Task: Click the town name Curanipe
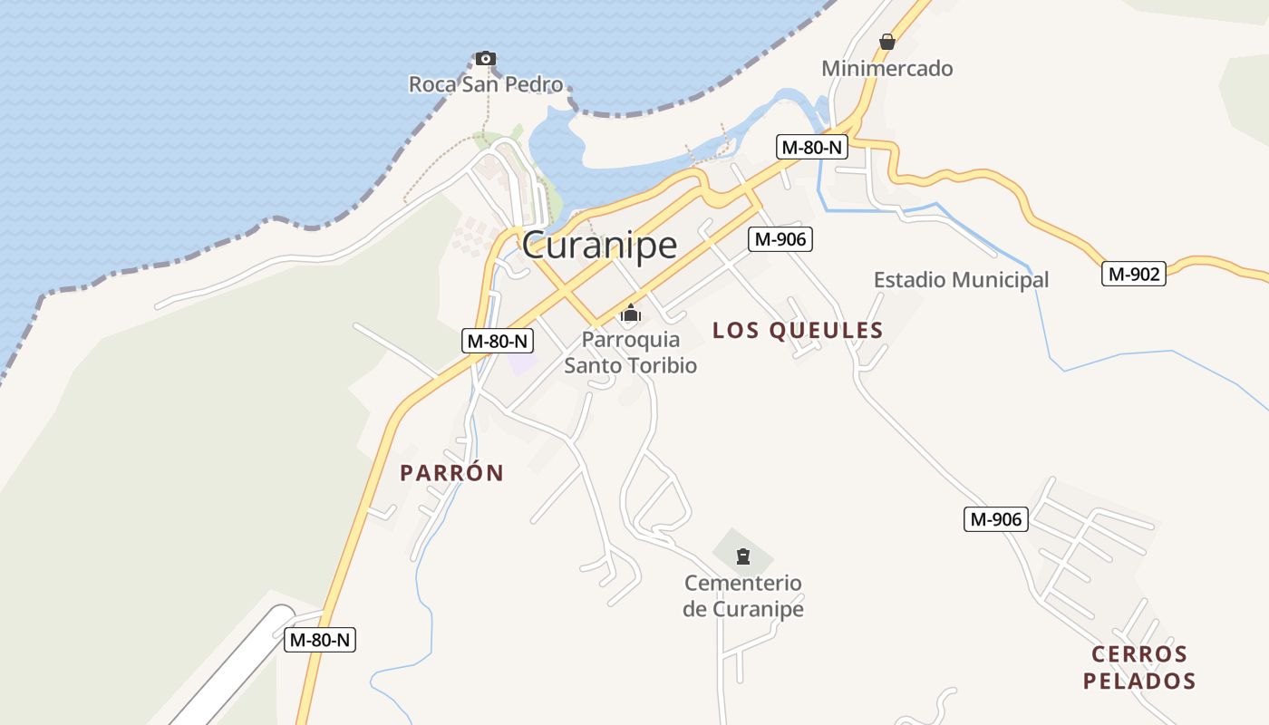pos(599,245)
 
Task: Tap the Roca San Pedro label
pos(485,84)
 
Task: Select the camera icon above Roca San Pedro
pos(486,58)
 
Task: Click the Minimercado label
pos(886,68)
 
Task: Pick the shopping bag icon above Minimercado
pos(886,42)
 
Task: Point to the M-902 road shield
pos(1133,274)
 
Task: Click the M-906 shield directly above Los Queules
pos(780,239)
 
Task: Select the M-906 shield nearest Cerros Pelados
pos(995,519)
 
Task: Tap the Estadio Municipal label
pos(961,280)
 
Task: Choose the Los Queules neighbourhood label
pos(798,331)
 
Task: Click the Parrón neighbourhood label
pos(451,473)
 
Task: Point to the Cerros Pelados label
pos(1139,667)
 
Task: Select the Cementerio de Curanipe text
pos(743,595)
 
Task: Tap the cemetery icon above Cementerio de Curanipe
pos(743,556)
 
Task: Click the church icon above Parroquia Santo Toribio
pos(630,314)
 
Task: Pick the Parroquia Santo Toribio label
pos(630,353)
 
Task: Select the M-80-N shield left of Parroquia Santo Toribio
pos(497,341)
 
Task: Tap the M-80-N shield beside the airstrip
pos(320,639)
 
